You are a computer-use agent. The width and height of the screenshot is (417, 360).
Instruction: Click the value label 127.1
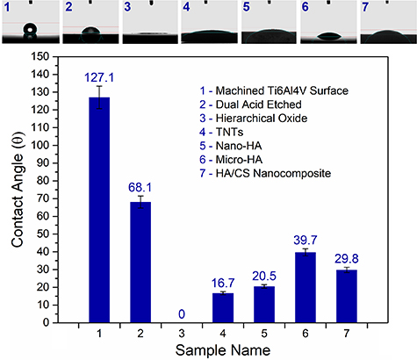point(99,76)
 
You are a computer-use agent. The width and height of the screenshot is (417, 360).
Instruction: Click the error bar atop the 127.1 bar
point(99,97)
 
